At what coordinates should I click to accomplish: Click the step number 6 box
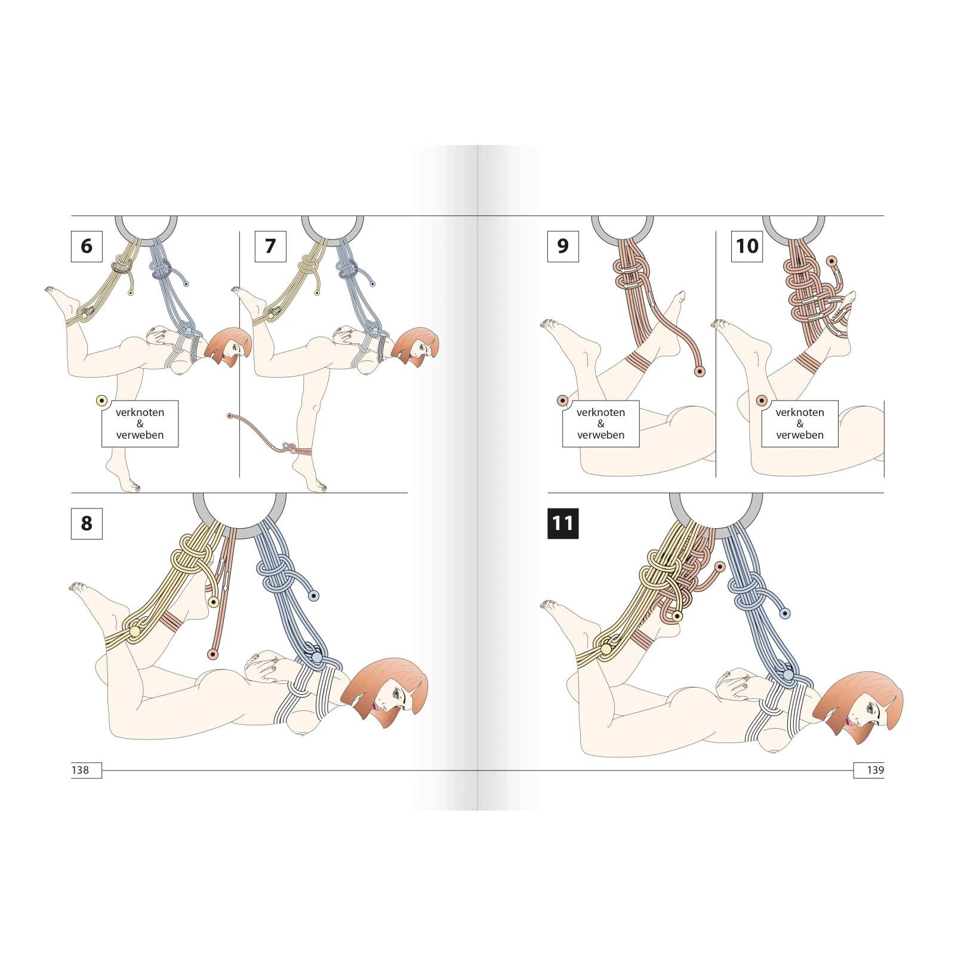click(x=87, y=246)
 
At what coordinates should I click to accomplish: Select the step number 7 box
click(x=270, y=246)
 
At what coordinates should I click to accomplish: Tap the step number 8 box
click(x=87, y=523)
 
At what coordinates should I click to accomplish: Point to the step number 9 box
click(x=563, y=246)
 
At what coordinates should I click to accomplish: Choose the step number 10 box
click(x=747, y=246)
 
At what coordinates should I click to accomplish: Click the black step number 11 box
click(x=563, y=523)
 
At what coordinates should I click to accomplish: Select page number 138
click(x=80, y=770)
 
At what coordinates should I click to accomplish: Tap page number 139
click(x=875, y=770)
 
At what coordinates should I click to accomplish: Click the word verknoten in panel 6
click(x=140, y=412)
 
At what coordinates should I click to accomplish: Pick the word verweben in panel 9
click(x=601, y=435)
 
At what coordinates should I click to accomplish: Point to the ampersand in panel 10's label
click(x=800, y=424)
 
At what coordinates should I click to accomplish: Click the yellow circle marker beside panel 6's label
click(x=101, y=401)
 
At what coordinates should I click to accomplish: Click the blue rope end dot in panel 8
click(x=313, y=596)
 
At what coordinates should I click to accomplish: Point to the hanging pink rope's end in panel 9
click(x=700, y=371)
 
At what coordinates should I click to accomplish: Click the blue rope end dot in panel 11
click(x=785, y=613)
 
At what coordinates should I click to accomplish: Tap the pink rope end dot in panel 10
click(x=831, y=260)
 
